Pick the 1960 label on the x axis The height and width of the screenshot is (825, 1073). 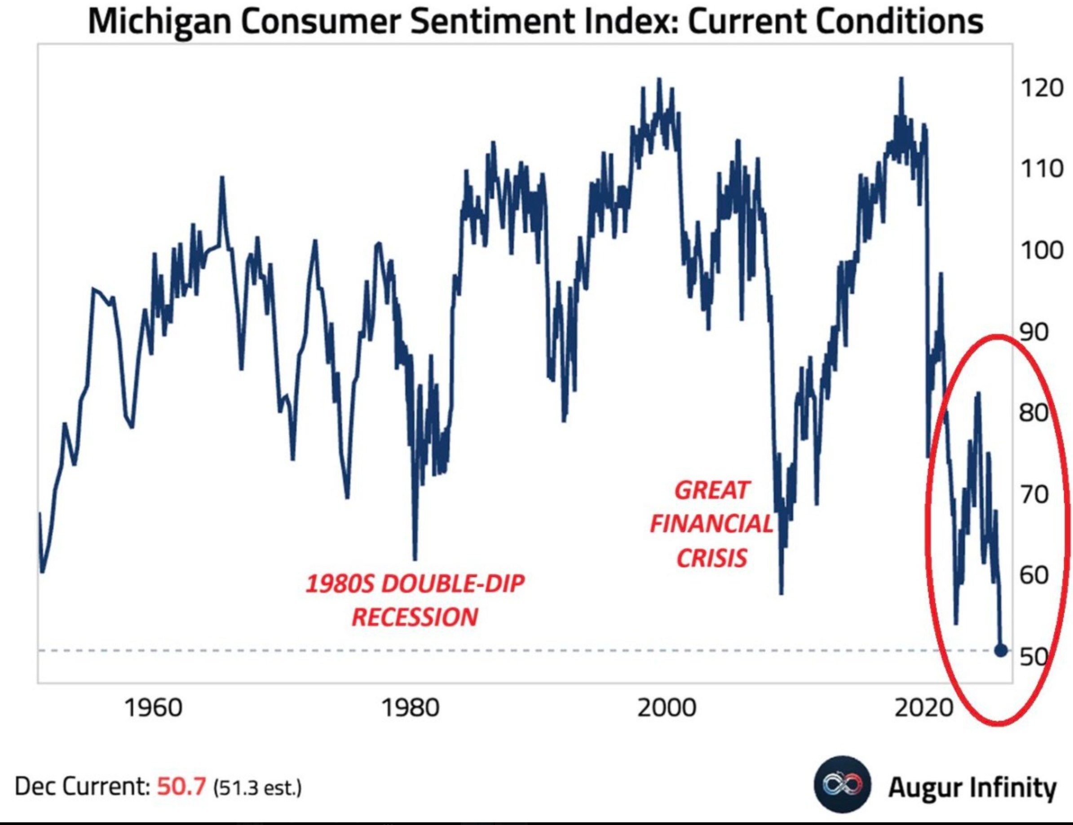pyautogui.click(x=154, y=708)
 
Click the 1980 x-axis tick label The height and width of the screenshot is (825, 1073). pyautogui.click(x=411, y=708)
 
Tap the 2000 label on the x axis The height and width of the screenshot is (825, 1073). pyautogui.click(x=667, y=708)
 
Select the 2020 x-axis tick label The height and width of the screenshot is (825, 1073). pyautogui.click(x=923, y=708)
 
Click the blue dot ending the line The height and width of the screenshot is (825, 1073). pyautogui.click(x=1001, y=651)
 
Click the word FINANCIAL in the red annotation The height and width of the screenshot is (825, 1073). pyautogui.click(x=711, y=524)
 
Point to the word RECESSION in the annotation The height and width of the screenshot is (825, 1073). pyautogui.click(x=415, y=617)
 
